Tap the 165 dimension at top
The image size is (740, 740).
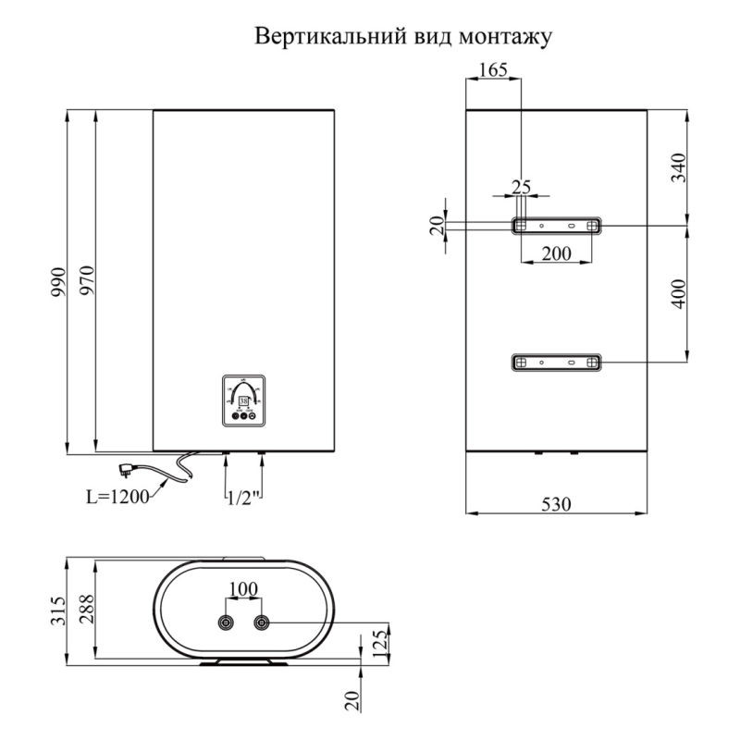(494, 69)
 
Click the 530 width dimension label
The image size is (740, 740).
(555, 504)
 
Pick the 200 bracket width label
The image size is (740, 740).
(555, 255)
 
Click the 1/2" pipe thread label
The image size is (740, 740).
(244, 498)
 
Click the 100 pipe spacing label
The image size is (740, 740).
(243, 588)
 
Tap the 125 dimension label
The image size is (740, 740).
(378, 639)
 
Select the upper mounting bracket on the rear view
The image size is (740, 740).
(556, 225)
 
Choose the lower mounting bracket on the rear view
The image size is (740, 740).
(556, 362)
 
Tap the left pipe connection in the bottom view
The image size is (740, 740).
(225, 622)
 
